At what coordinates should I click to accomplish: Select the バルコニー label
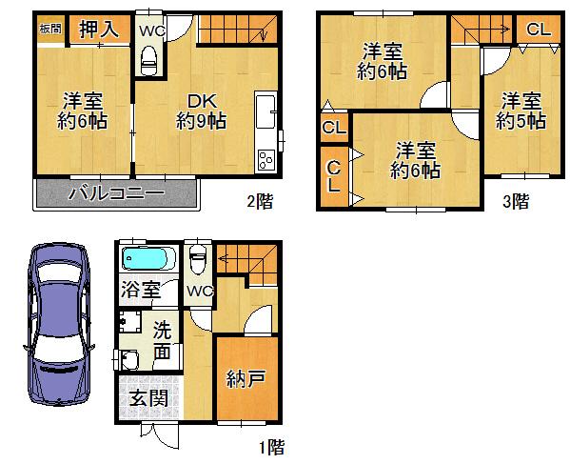point(116,194)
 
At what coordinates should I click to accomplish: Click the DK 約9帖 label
point(201,111)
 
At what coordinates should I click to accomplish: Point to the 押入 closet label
point(98,30)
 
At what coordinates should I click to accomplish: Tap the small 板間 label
point(50,29)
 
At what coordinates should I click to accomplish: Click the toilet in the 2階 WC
point(149,62)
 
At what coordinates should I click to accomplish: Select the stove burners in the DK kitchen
point(265,159)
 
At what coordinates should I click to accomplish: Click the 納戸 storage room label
point(246,379)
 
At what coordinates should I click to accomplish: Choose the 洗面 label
point(163,341)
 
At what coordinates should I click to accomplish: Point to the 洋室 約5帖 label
point(520,111)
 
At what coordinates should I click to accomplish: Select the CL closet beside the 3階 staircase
point(538,30)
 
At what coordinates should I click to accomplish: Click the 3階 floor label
point(517,201)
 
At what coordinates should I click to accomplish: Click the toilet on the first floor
point(197,258)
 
